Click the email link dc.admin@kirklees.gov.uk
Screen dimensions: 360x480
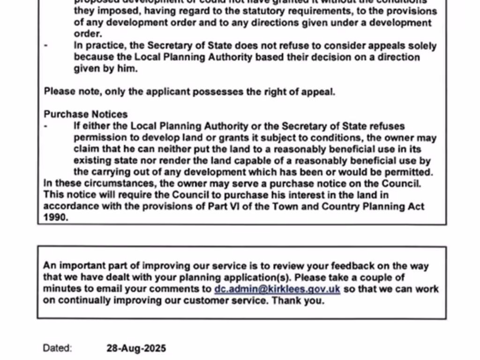[x=277, y=289]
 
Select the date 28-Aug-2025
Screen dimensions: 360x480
[x=136, y=348]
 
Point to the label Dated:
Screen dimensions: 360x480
[x=57, y=348]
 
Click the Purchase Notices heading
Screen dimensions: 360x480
[x=86, y=114]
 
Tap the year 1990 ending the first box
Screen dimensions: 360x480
[x=56, y=217]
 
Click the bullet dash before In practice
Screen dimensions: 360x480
[x=45, y=46]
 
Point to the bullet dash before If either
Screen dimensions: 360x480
[x=45, y=126]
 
